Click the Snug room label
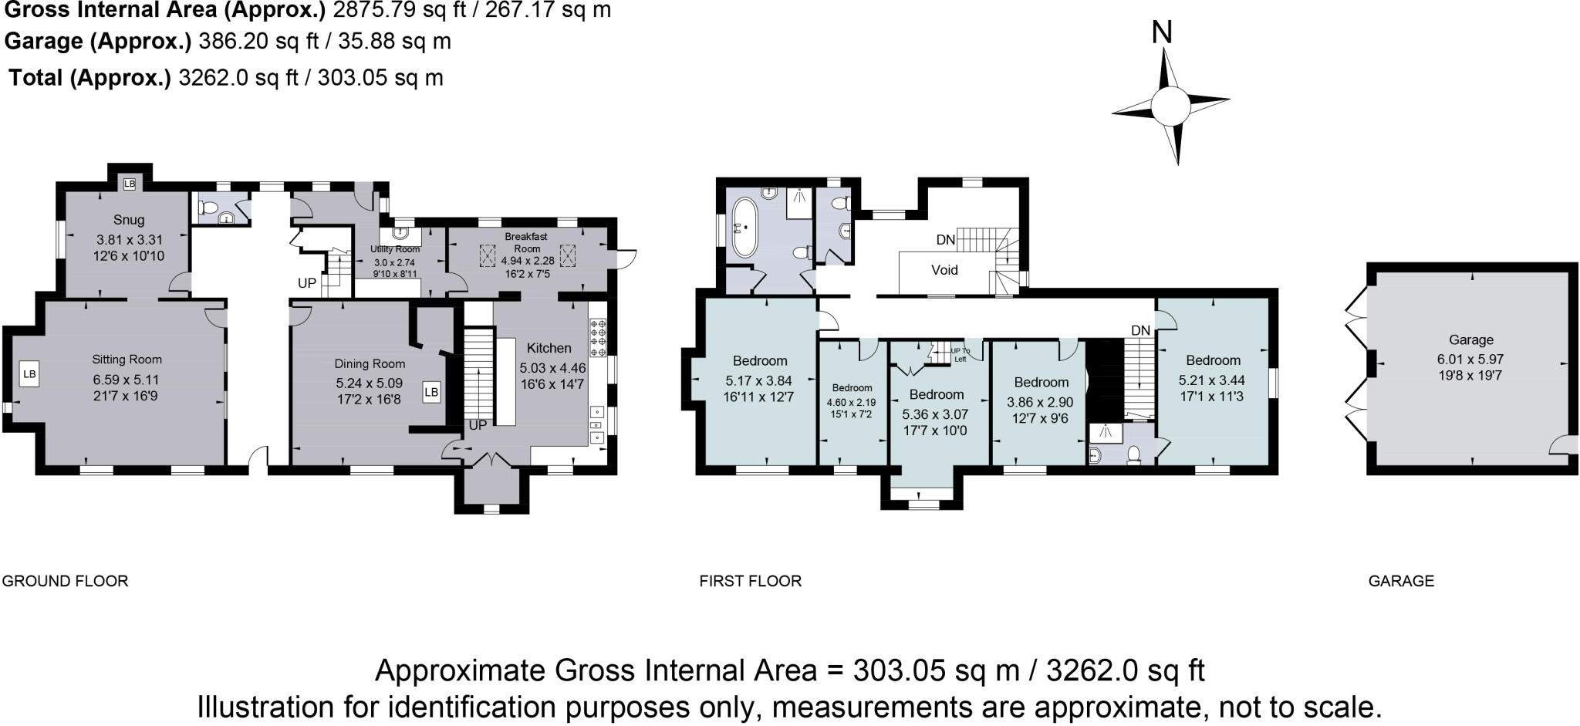(x=129, y=220)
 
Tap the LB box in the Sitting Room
(x=29, y=374)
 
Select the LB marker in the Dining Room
(x=431, y=392)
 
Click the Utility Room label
(x=395, y=249)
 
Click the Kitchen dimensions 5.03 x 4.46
(x=552, y=368)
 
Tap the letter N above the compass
(x=1162, y=32)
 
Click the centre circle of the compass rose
(x=1170, y=105)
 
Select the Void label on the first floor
(x=944, y=269)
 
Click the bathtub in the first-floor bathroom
(x=744, y=228)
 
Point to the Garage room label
(x=1471, y=339)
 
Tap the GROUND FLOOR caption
(x=65, y=581)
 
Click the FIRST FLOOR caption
(x=750, y=581)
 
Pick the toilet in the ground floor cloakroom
(x=208, y=208)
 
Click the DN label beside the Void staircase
(x=945, y=240)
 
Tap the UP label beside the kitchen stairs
(x=478, y=425)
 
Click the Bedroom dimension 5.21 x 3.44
(x=1211, y=380)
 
